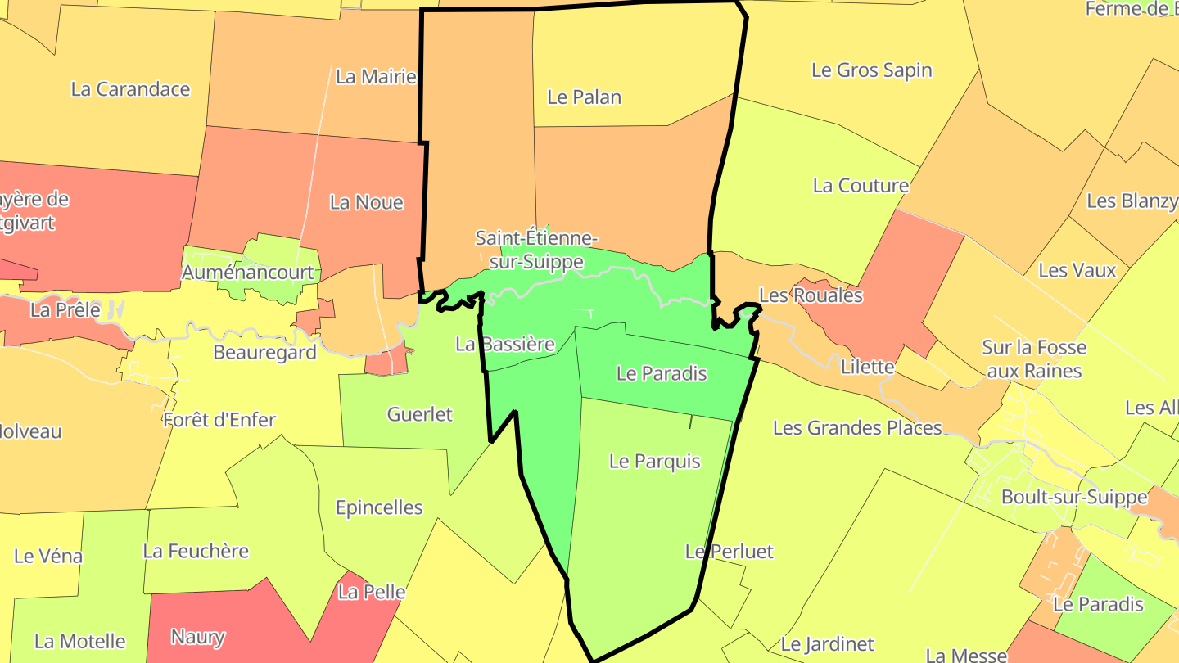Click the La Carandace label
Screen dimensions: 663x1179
coord(130,89)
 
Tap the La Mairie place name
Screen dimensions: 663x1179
coord(376,77)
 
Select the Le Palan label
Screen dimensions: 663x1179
coord(584,97)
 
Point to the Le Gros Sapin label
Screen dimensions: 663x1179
coord(871,70)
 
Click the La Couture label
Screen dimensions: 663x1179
coord(860,186)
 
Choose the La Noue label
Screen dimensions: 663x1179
coord(366,202)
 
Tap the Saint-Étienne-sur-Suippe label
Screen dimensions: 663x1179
coord(536,250)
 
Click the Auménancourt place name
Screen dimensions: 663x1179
coord(247,272)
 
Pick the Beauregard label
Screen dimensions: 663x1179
coord(264,353)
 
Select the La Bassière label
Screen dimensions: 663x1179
coord(504,344)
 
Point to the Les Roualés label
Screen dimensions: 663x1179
coord(811,295)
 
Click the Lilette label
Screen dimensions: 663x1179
coord(867,367)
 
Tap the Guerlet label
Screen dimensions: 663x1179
coord(419,414)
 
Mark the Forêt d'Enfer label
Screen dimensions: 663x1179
coord(219,421)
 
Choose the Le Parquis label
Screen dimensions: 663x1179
coord(654,462)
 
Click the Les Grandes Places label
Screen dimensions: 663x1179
coord(857,428)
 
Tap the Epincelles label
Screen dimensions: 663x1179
coord(379,507)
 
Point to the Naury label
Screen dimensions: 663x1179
coord(197,636)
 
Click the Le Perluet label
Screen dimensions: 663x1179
coord(729,552)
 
